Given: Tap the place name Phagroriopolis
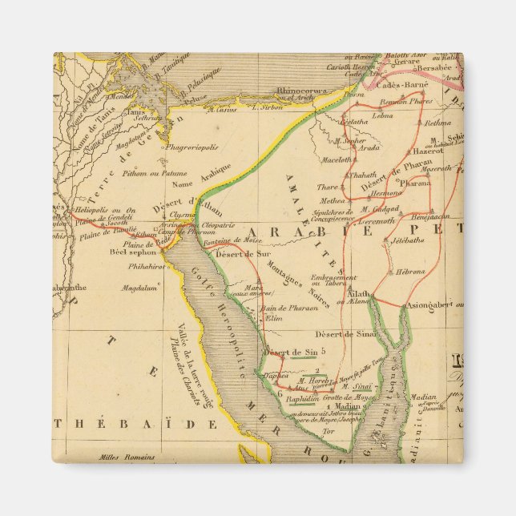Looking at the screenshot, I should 192,147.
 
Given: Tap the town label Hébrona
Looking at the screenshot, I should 410,272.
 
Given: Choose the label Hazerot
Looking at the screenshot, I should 427,150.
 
